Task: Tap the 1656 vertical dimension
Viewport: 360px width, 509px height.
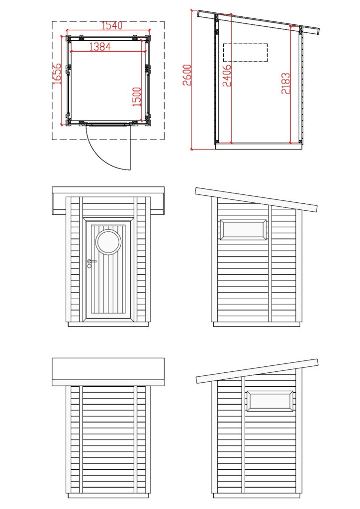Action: pyautogui.click(x=58, y=74)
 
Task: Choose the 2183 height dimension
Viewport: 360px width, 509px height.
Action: pyautogui.click(x=285, y=84)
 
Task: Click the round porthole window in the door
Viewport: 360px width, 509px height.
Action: pyautogui.click(x=108, y=242)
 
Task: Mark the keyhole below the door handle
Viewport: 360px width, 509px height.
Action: pyautogui.click(x=90, y=266)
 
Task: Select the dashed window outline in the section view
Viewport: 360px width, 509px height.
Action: pyautogui.click(x=245, y=52)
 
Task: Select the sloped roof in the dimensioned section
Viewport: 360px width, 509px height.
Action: pyautogui.click(x=258, y=22)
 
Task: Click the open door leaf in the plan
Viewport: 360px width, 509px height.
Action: pyautogui.click(x=130, y=147)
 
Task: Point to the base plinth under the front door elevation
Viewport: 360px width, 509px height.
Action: pyautogui.click(x=108, y=324)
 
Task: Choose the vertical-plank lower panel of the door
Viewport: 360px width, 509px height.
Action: pyautogui.click(x=108, y=288)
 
